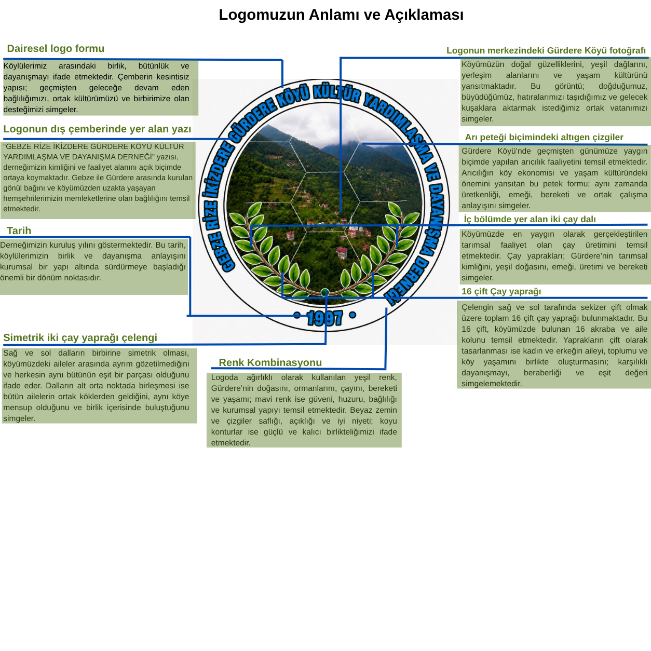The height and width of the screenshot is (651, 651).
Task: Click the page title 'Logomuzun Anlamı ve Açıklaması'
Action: coord(341,15)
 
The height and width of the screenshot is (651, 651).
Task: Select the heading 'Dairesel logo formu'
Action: coord(56,48)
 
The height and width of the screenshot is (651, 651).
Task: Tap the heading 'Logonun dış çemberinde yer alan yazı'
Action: coord(97,129)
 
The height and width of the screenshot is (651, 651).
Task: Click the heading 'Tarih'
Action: coord(19,230)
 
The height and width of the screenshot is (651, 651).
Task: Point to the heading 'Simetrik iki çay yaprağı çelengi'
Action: coord(80,337)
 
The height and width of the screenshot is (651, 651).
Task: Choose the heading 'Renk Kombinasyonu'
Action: coord(270,362)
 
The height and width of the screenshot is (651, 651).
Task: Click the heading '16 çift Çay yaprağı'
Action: coord(501,291)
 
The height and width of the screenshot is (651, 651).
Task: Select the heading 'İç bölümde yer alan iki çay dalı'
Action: coord(530,219)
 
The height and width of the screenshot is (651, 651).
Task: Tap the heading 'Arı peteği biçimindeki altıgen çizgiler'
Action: coord(544,137)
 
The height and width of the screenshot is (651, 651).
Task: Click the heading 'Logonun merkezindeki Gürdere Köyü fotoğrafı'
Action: coord(546,50)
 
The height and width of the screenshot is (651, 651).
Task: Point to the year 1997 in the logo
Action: coord(324,318)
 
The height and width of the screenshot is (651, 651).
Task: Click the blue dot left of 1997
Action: coord(297,315)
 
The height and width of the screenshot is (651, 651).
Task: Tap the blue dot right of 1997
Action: coord(352,315)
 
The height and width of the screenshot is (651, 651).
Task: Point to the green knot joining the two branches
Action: coord(324,293)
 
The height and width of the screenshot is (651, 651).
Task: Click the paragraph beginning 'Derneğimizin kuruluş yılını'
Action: coord(93,261)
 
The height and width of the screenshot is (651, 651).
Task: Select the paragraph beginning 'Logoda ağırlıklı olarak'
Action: coord(304,410)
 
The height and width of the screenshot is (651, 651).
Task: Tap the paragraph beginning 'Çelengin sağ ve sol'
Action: coord(554,345)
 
